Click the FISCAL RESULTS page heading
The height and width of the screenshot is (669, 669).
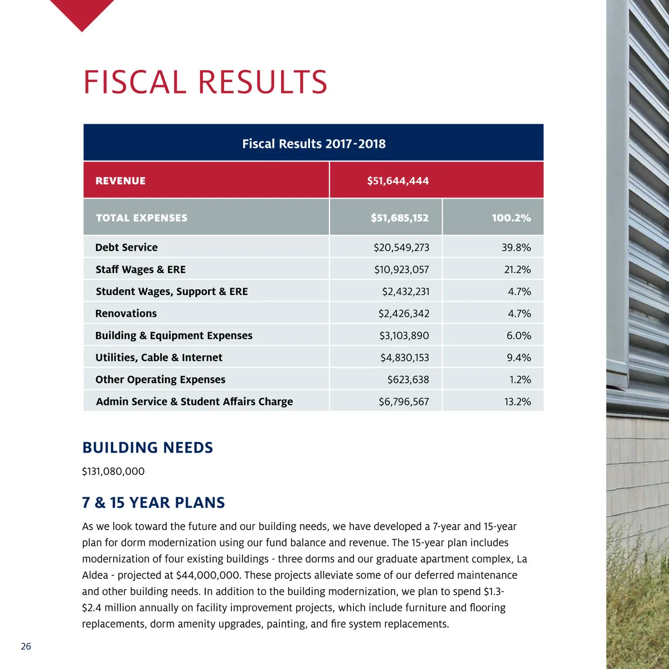[205, 83]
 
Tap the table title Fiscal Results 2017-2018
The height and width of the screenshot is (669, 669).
[313, 144]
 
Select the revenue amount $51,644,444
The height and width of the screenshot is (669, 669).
[397, 181]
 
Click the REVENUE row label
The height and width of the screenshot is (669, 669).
[120, 181]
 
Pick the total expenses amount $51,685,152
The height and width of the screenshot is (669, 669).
[399, 218]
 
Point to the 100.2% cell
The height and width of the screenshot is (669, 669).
[511, 218]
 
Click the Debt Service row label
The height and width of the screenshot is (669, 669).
[127, 248]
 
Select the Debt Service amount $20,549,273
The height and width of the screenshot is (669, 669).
[401, 248]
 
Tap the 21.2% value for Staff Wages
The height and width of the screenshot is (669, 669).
[517, 270]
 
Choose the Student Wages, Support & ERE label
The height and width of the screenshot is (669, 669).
[172, 292]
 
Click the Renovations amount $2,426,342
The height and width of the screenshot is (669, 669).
[404, 314]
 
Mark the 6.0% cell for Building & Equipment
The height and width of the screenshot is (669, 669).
[518, 336]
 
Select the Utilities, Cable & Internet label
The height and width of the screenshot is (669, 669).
[159, 358]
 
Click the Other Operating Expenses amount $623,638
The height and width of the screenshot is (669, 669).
[408, 380]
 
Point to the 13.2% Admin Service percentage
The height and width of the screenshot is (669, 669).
[517, 402]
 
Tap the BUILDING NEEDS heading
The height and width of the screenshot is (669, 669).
[148, 448]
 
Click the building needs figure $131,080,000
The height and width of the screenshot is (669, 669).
[113, 472]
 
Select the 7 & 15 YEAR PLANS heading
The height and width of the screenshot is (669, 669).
[153, 503]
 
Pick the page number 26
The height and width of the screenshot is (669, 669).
[26, 647]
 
